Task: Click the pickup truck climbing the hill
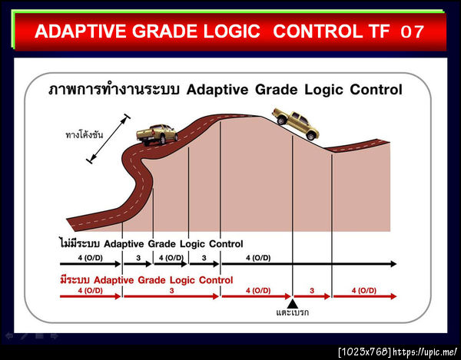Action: (x=157, y=134)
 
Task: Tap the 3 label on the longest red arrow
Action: (x=171, y=291)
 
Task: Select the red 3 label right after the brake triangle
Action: (x=313, y=291)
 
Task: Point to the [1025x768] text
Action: (x=365, y=352)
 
